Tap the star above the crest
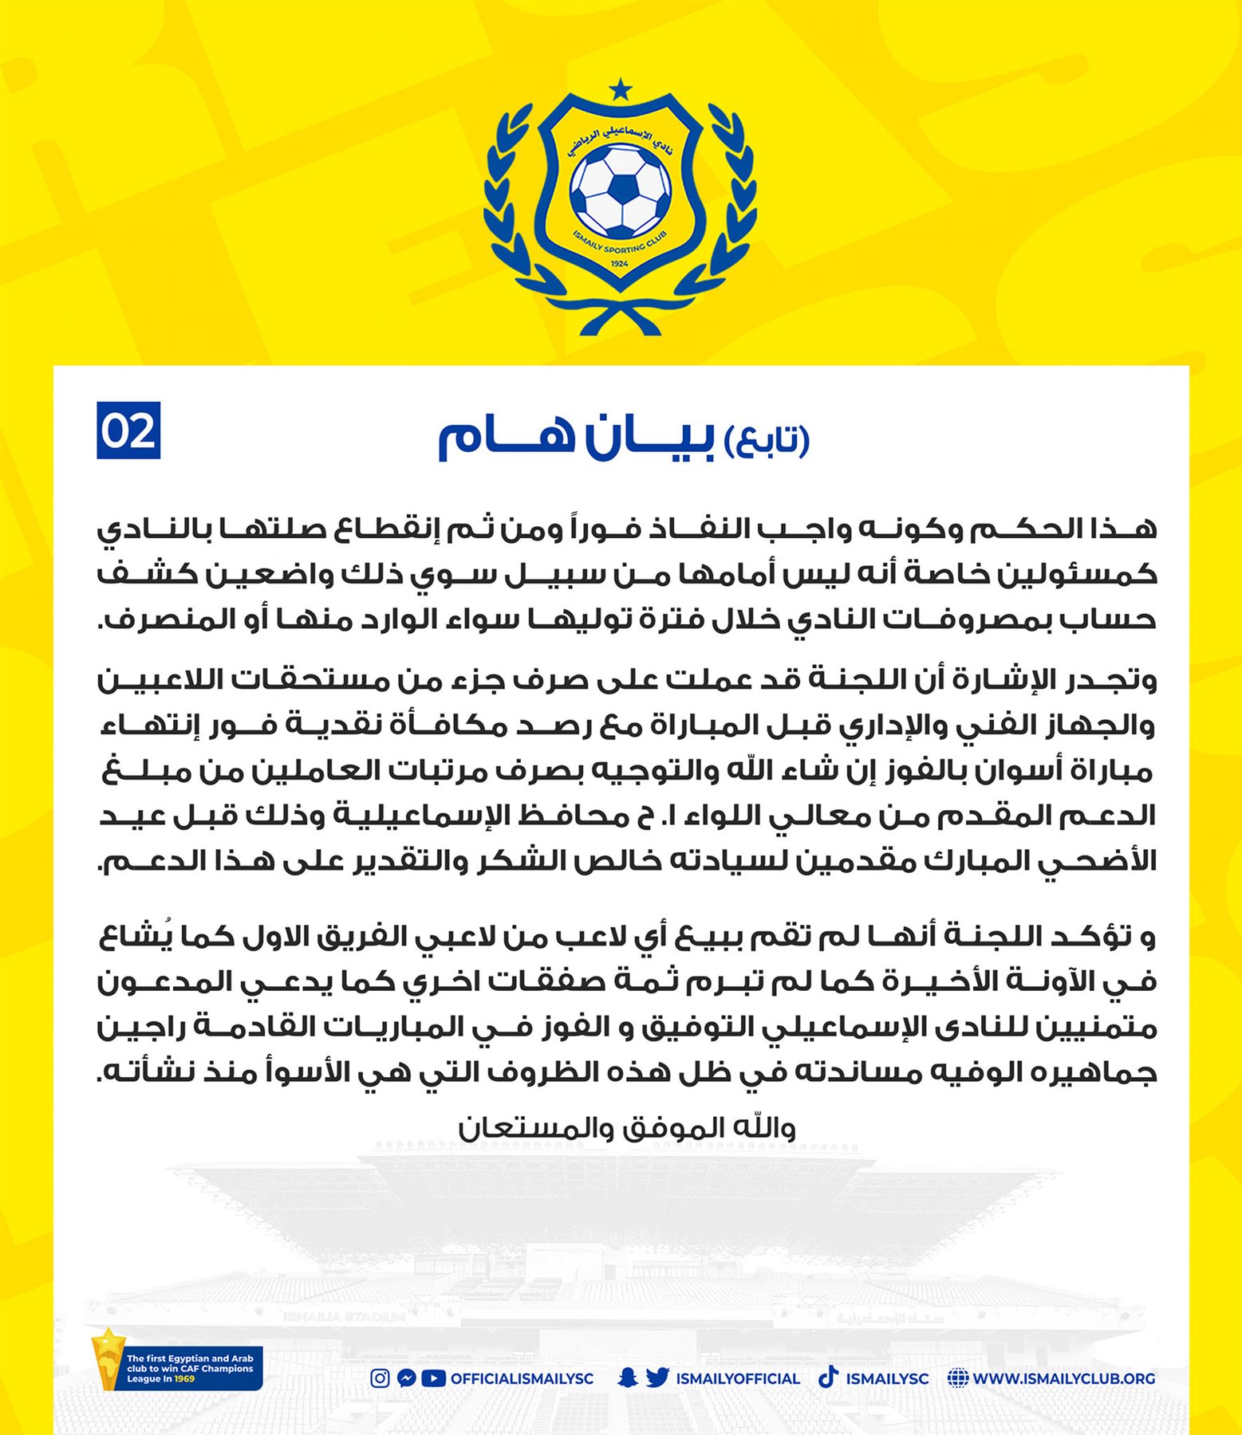point(620,87)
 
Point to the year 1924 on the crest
point(618,263)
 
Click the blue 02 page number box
point(128,431)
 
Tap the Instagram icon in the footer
point(380,1378)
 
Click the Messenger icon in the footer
point(406,1378)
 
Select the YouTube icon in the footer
point(433,1378)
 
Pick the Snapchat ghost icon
point(628,1378)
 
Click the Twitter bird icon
point(657,1378)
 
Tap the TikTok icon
point(828,1378)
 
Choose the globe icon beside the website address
point(958,1378)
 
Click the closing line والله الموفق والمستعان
point(627,1128)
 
